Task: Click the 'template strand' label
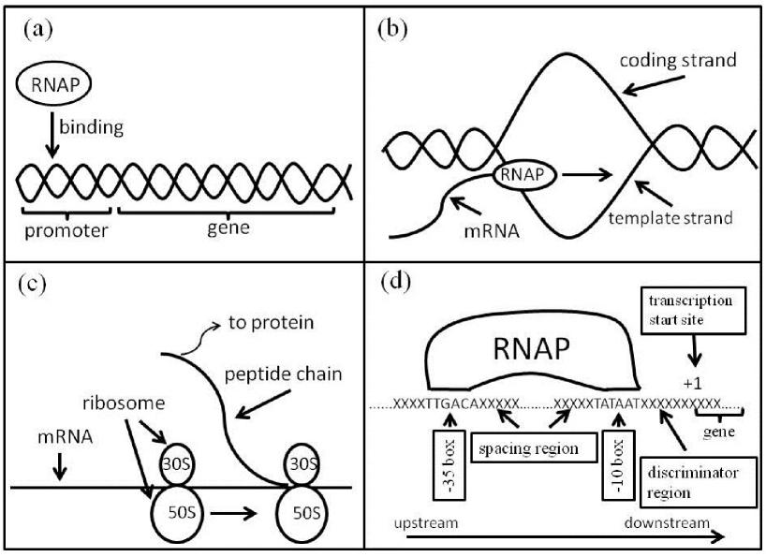click(x=669, y=217)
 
